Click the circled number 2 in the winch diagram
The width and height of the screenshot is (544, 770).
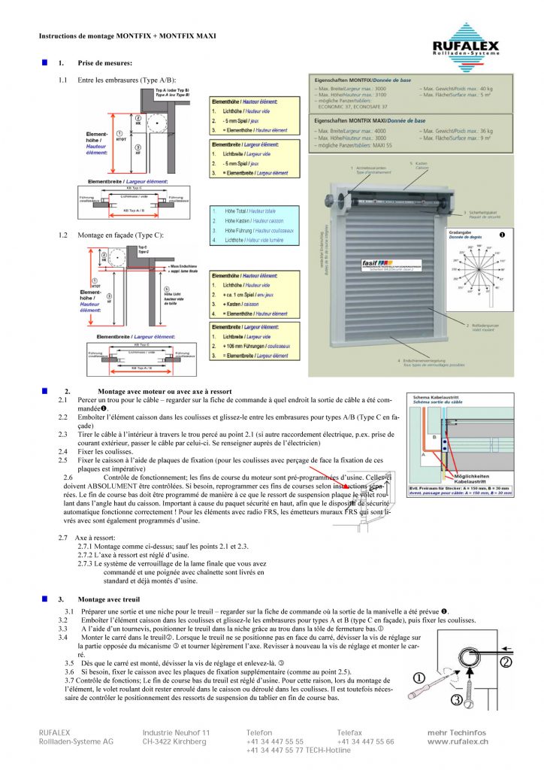505,662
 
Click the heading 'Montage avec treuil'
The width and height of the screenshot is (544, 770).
109,599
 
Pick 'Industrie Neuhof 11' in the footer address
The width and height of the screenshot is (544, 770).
176,732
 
